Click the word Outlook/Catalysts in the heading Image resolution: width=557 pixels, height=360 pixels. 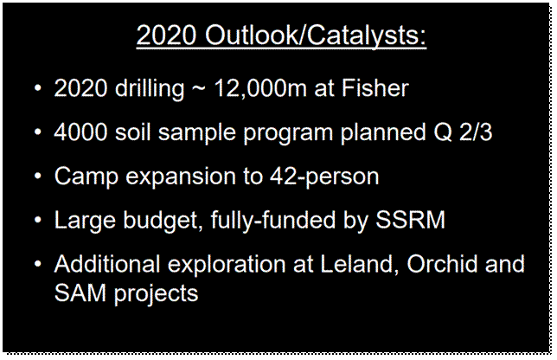316,35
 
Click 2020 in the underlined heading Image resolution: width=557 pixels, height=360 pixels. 166,35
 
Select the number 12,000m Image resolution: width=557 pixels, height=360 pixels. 260,88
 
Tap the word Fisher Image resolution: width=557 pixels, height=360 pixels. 375,87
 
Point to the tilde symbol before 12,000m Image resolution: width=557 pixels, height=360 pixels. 199,89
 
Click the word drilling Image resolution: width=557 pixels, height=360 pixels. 150,89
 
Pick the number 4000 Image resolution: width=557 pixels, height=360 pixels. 80,132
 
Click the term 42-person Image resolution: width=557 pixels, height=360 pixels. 324,177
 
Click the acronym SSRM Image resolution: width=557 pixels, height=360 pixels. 411,220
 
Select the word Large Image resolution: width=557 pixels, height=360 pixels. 85,221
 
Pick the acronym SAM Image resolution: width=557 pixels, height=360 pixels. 80,292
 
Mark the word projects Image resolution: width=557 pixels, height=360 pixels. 156,294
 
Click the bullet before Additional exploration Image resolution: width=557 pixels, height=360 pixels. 38,264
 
